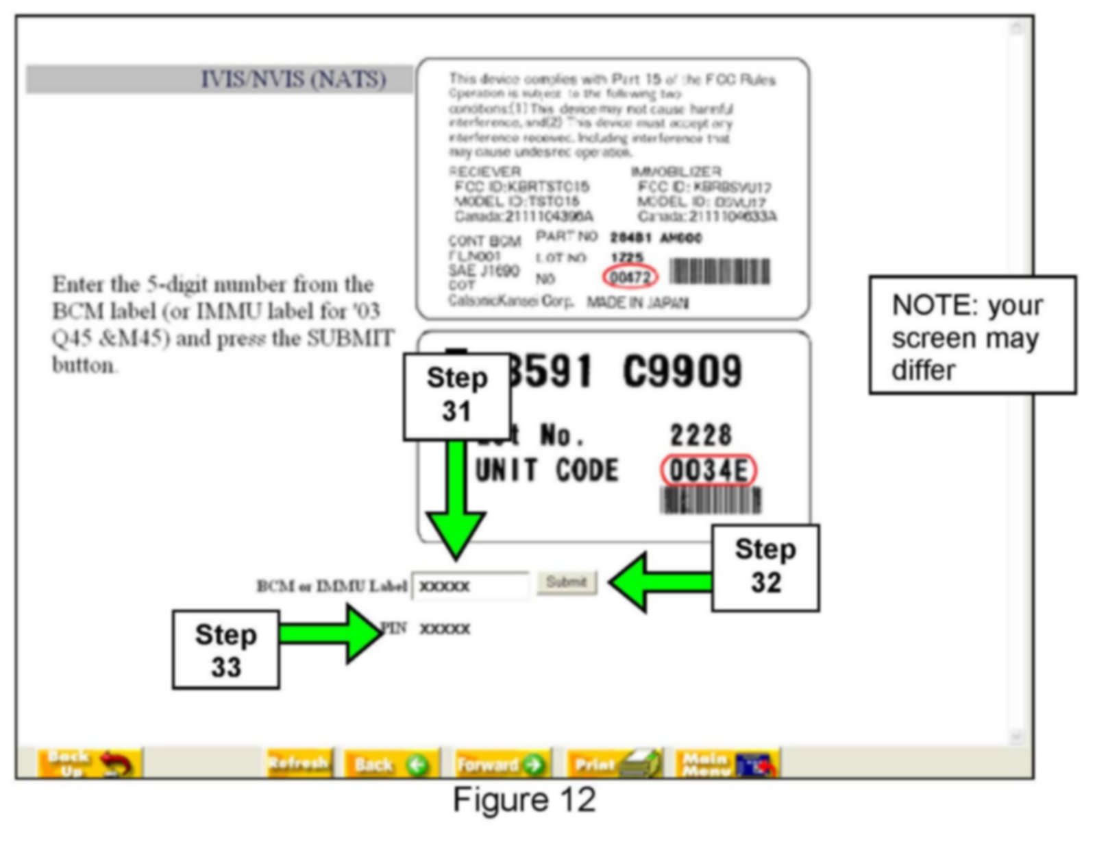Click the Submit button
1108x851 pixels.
point(566,583)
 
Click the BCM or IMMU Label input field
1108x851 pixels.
point(471,586)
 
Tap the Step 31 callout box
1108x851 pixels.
point(456,396)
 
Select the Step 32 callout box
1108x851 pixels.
point(765,567)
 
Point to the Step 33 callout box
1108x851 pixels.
point(226,649)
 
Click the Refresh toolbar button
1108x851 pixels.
point(299,763)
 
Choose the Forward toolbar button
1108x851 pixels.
point(501,763)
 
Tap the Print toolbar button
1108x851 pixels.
point(614,763)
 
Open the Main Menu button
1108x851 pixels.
point(727,763)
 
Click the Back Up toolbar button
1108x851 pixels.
point(89,763)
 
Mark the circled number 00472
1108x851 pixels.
point(630,277)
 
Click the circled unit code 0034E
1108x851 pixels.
point(709,471)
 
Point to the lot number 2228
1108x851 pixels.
point(700,435)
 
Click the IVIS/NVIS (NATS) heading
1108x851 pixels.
point(293,80)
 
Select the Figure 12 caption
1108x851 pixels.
point(524,800)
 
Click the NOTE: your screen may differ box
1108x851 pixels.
point(972,335)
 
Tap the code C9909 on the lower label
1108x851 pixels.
point(682,372)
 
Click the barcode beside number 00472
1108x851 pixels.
point(719,272)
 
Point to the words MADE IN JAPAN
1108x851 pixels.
point(637,302)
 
